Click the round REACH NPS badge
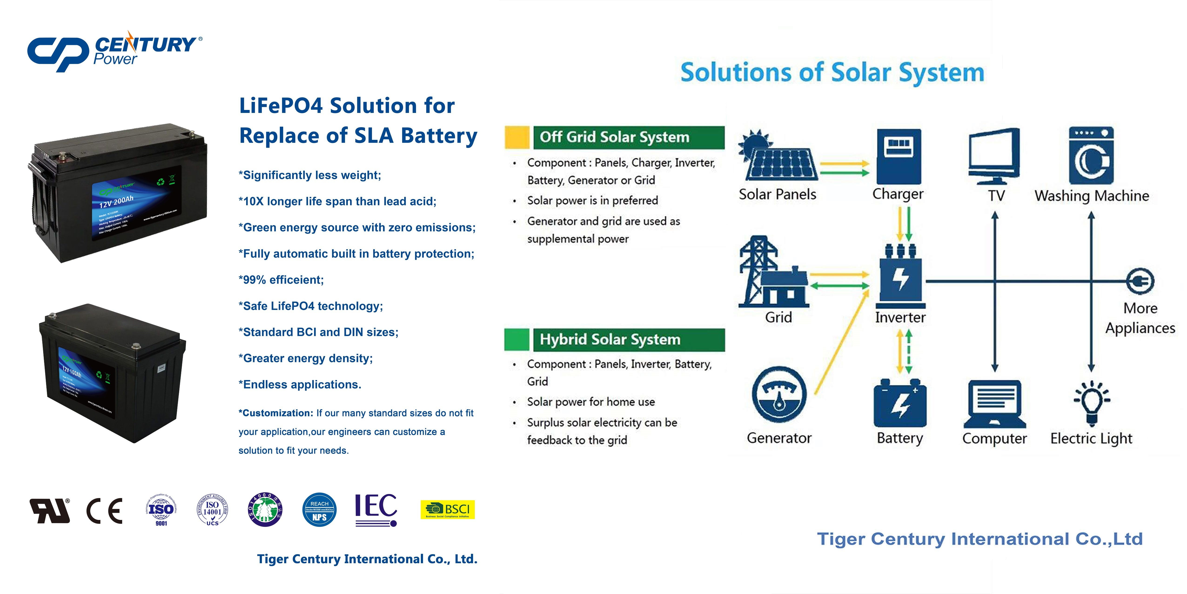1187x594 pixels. pyautogui.click(x=319, y=510)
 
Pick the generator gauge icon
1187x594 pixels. pyautogui.click(x=779, y=395)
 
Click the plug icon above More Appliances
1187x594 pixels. pyautogui.click(x=1140, y=281)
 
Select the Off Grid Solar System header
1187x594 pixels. pyautogui.click(x=629, y=137)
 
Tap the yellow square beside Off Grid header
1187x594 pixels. pyautogui.click(x=517, y=137)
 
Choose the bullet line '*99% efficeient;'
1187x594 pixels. pyautogui.click(x=281, y=280)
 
